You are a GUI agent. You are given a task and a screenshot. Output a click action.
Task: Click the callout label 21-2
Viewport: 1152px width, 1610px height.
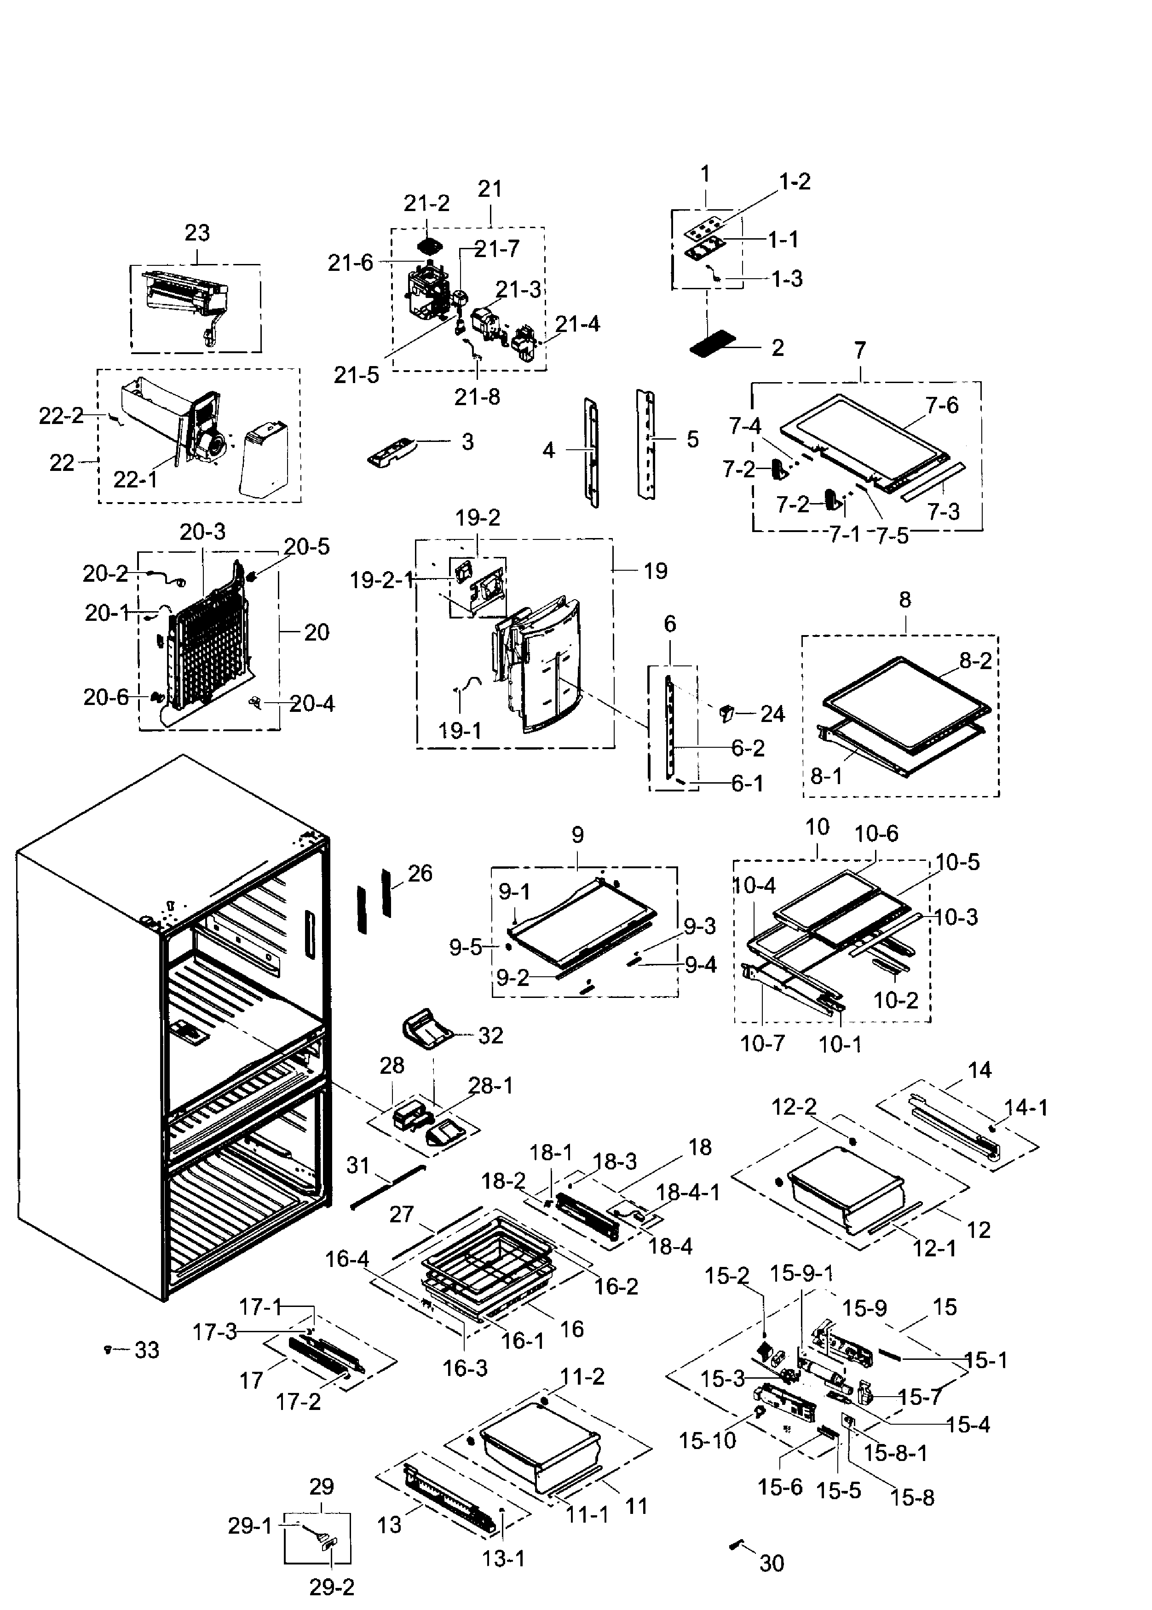tap(426, 203)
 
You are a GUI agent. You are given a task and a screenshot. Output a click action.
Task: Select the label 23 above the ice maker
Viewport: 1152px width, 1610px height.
tap(197, 233)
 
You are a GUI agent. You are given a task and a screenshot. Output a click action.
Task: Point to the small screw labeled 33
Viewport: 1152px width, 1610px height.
tap(107, 1349)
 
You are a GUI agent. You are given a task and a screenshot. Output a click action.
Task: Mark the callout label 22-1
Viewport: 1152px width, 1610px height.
tap(135, 479)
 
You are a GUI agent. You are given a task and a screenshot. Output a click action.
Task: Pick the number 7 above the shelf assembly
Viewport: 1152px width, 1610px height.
tap(860, 350)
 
